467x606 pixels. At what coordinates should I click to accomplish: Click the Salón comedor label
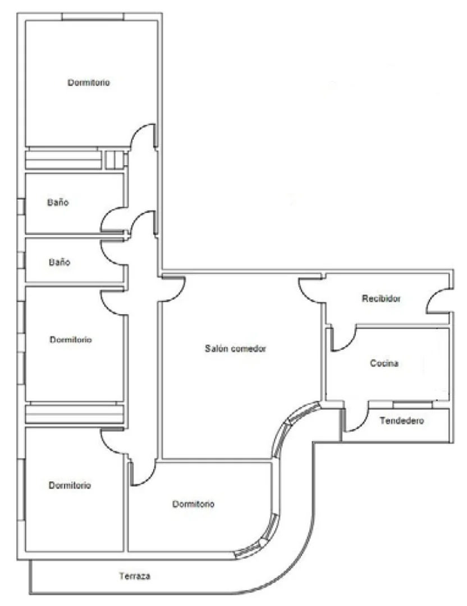[x=235, y=349]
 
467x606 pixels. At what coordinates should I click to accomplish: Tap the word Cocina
[x=384, y=363]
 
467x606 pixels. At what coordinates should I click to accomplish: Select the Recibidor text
[x=381, y=298]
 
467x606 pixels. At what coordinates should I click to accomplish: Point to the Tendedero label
[x=402, y=421]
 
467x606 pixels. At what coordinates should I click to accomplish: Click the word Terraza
[x=135, y=576]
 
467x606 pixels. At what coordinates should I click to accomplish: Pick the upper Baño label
[x=58, y=202]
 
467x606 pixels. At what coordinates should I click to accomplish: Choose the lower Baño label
[x=59, y=262]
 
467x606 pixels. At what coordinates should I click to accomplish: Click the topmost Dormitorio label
[x=89, y=83]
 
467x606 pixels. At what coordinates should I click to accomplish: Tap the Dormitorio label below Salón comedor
[x=193, y=504]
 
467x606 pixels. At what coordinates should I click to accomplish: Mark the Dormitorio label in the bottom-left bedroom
[x=70, y=485]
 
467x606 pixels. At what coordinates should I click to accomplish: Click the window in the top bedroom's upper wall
[x=93, y=17]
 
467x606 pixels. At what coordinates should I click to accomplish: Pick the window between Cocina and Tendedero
[x=412, y=404]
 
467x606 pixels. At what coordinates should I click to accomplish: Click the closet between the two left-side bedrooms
[x=75, y=414]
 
